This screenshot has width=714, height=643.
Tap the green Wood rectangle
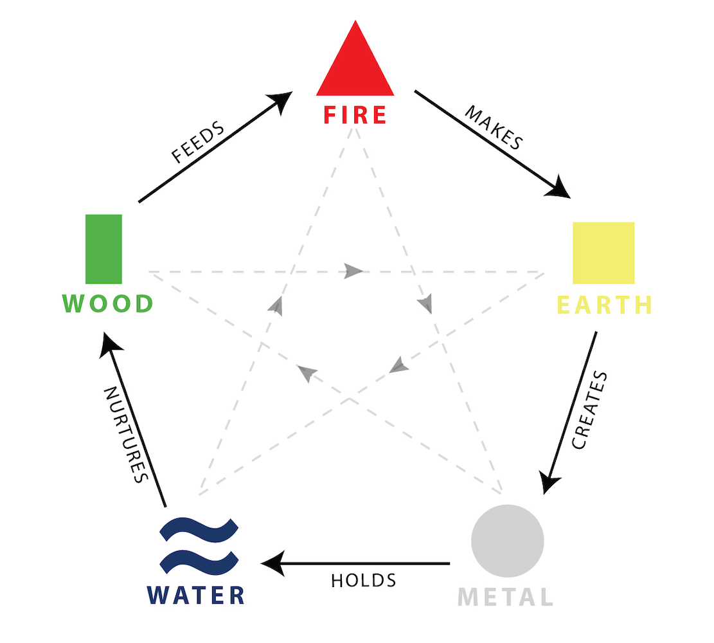tap(104, 249)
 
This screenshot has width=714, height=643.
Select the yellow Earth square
tap(603, 253)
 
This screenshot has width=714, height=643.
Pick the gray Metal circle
tap(507, 541)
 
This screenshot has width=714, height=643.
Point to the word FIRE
tap(355, 115)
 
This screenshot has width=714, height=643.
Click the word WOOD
tap(108, 303)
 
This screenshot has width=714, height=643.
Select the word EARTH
tap(605, 305)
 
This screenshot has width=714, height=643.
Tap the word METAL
tap(505, 597)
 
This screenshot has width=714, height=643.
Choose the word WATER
tap(196, 595)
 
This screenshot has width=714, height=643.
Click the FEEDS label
tap(198, 141)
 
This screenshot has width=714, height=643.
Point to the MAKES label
tap(494, 127)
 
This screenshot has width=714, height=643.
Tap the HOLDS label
tap(363, 581)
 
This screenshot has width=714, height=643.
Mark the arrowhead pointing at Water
tap(273, 563)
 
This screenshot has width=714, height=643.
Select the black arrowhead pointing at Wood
tap(110, 345)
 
